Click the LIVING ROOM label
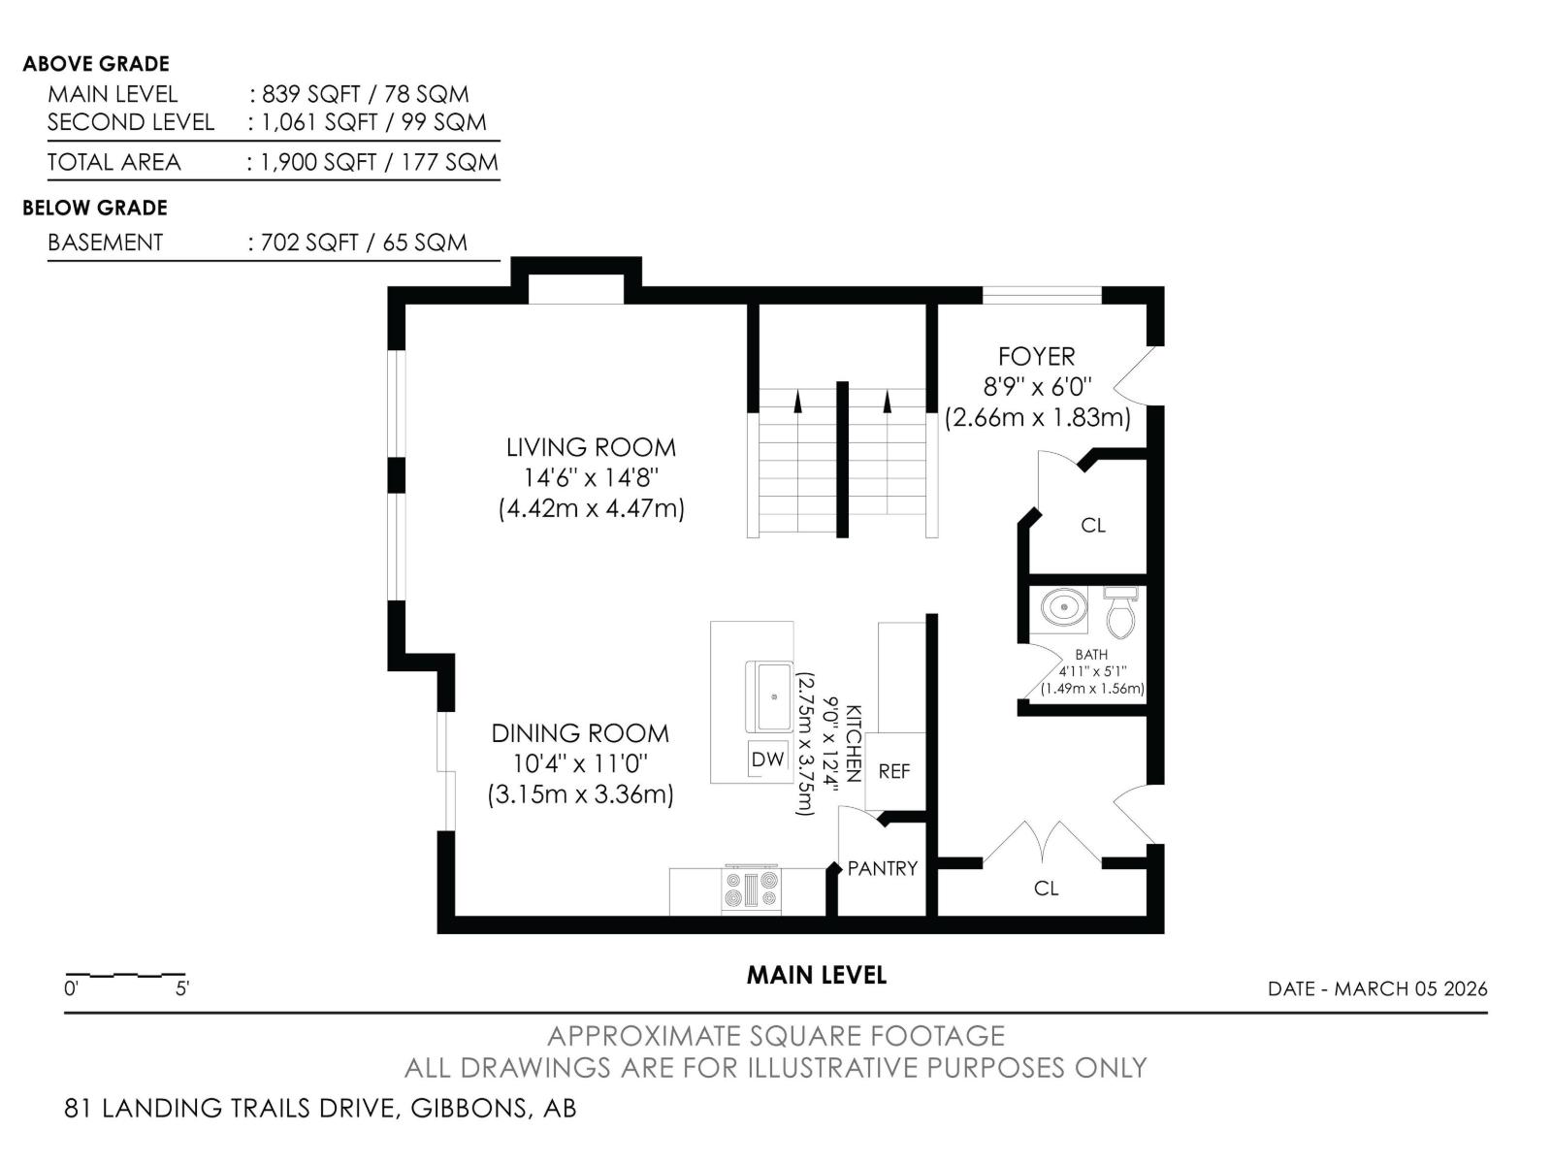(x=591, y=447)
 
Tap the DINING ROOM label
(x=580, y=733)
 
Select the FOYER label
(x=1037, y=356)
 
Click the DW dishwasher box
(x=768, y=760)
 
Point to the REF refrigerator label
(x=893, y=771)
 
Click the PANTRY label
(x=883, y=868)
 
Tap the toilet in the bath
(x=1120, y=612)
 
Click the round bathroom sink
(x=1063, y=607)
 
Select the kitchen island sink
(x=769, y=696)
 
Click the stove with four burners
(x=752, y=889)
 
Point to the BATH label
(x=1091, y=655)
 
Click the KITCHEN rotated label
(x=854, y=743)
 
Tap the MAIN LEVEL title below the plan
(x=817, y=975)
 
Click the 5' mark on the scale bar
(x=182, y=988)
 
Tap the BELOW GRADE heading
(x=95, y=208)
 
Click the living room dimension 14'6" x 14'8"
(x=591, y=478)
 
